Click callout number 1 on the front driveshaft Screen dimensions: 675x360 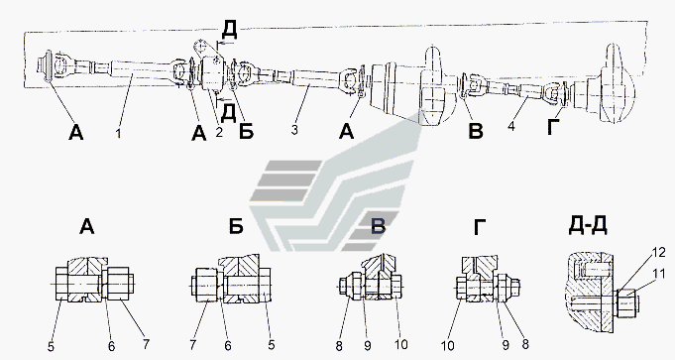pyautogui.click(x=118, y=134)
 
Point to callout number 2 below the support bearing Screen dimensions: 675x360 pyautogui.click(x=219, y=132)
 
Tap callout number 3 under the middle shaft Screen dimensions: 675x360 pyautogui.click(x=294, y=130)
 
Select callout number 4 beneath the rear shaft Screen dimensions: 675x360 pyautogui.click(x=511, y=127)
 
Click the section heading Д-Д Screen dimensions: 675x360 pyautogui.click(x=588, y=225)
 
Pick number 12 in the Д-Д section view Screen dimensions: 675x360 pyautogui.click(x=658, y=253)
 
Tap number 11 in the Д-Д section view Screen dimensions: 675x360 pyautogui.click(x=658, y=273)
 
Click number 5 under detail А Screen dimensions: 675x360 pyautogui.click(x=51, y=347)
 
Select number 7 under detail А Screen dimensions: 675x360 pyautogui.click(x=146, y=345)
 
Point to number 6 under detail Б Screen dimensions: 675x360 pyautogui.click(x=228, y=345)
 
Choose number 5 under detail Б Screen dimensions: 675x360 pyautogui.click(x=271, y=344)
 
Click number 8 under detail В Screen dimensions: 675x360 pyautogui.click(x=339, y=346)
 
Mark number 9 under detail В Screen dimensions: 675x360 pyautogui.click(x=367, y=346)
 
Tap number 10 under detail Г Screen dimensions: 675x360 pyautogui.click(x=447, y=346)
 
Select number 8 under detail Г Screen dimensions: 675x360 pyautogui.click(x=524, y=344)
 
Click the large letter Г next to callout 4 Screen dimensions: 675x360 pyautogui.click(x=554, y=127)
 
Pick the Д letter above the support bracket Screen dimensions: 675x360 pyautogui.click(x=229, y=30)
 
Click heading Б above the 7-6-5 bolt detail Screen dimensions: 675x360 pyautogui.click(x=236, y=226)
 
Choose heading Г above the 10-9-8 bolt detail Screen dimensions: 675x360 pyautogui.click(x=480, y=227)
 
